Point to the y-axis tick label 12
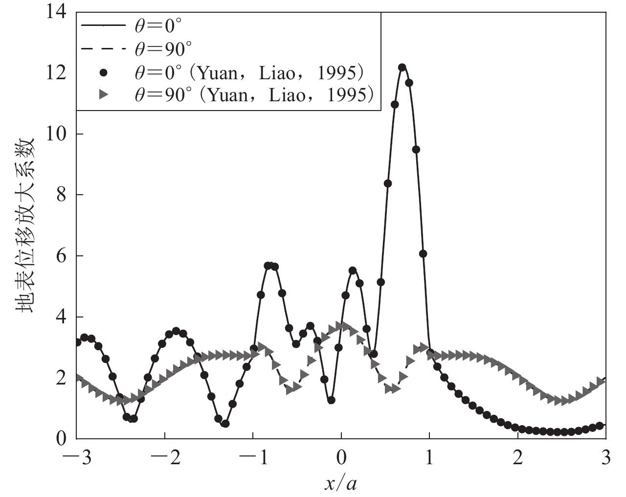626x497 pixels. point(58,73)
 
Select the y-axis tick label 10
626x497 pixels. point(58,134)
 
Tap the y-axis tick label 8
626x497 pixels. point(63,195)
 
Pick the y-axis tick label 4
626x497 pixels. point(63,317)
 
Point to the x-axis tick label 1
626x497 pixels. point(429,460)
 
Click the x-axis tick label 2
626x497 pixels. point(517,460)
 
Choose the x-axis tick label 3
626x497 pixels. point(605,460)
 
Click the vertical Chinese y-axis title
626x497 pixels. point(25,225)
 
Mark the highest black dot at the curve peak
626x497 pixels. point(402,67)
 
